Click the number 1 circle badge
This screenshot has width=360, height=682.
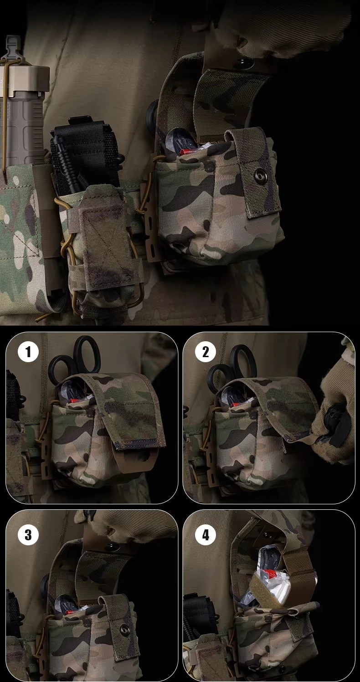28,352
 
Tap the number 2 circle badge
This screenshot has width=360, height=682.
206,352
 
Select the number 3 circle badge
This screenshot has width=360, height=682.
28,535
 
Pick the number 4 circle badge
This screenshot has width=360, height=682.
206,535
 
